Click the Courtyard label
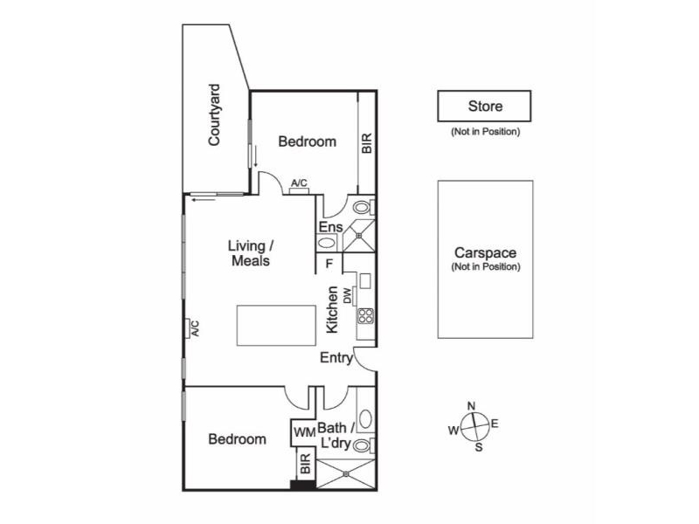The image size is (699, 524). point(215,114)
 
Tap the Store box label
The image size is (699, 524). point(485,107)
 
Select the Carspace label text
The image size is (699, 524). point(485,253)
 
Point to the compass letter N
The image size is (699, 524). point(472,405)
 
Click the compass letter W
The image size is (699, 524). point(453,430)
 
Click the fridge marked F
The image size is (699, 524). point(329,262)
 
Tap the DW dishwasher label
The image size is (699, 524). point(347,297)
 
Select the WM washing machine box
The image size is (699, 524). point(303,431)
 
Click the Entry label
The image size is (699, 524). point(336,358)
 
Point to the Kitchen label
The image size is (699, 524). point(332,309)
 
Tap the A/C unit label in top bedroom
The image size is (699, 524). point(299,183)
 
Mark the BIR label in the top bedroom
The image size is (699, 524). point(367,142)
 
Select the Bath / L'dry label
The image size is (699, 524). point(335,436)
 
